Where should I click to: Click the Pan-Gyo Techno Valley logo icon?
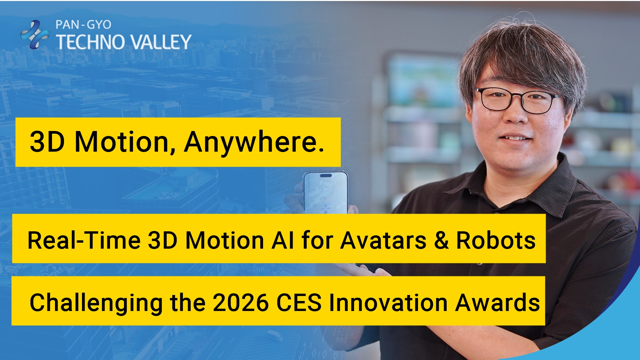(x=34, y=34)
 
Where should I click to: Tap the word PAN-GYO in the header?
(x=83, y=25)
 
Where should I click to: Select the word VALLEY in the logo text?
(x=160, y=42)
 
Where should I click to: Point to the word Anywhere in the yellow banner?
(x=254, y=142)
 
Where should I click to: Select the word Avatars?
(x=383, y=240)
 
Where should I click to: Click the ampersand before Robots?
(x=441, y=240)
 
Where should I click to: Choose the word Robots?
(x=496, y=240)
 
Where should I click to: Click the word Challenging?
(x=96, y=303)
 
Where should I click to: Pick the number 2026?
(x=241, y=303)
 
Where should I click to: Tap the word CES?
(x=299, y=303)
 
